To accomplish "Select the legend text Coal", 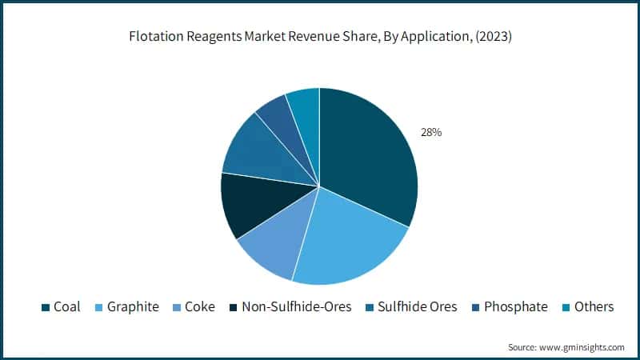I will [66, 306].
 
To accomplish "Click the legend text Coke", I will [200, 306].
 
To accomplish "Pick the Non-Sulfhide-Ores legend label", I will [296, 306].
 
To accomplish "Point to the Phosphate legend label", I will [517, 306].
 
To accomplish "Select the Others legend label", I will [594, 306].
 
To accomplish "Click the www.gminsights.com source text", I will [582, 347].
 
